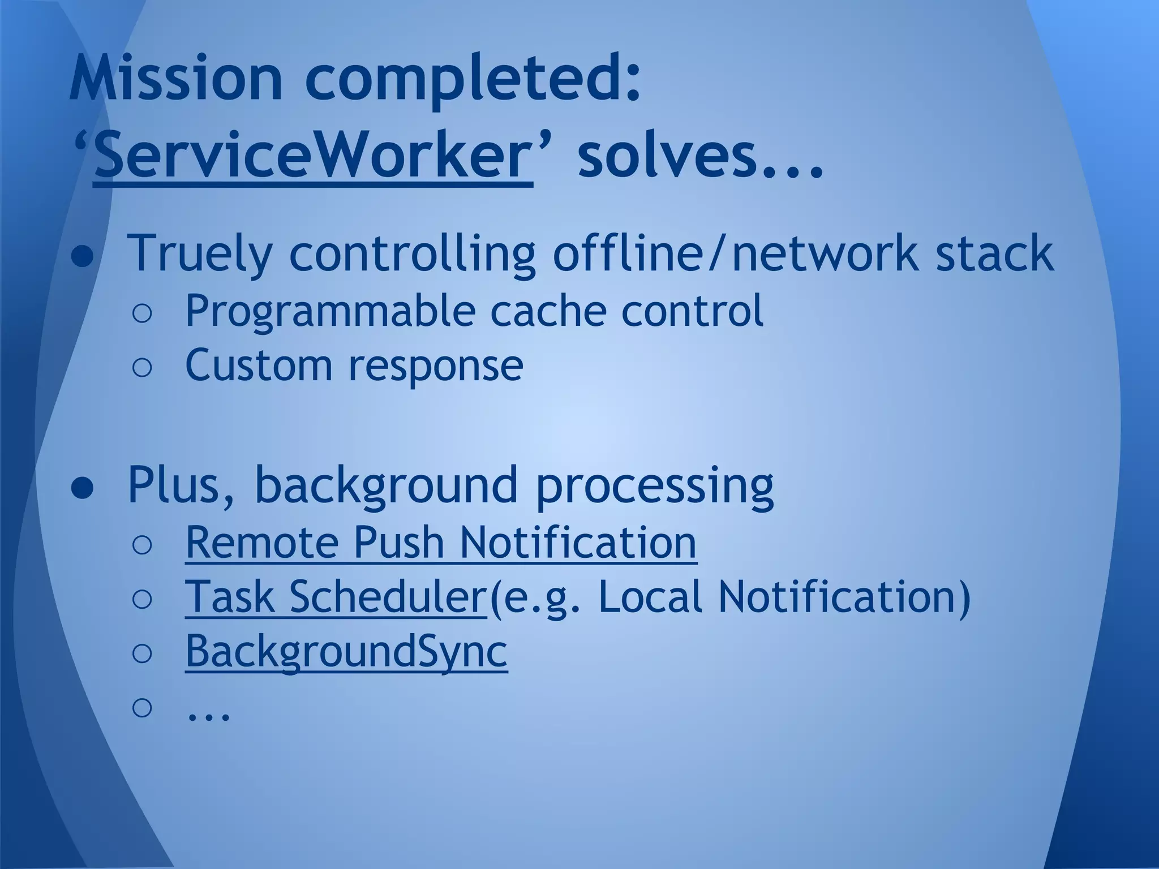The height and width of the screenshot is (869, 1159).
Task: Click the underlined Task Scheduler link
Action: (x=335, y=597)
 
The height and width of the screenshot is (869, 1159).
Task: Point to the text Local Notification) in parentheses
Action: (x=784, y=597)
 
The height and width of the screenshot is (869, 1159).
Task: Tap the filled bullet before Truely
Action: (x=83, y=257)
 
